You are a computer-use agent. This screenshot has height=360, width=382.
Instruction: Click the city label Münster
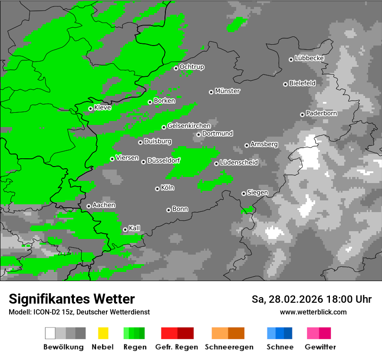[x=227, y=91]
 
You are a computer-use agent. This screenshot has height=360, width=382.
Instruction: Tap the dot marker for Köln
[x=157, y=189]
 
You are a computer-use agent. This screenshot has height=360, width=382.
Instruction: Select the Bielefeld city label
[x=302, y=83]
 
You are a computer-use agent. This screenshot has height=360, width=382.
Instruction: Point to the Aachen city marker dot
[x=89, y=206]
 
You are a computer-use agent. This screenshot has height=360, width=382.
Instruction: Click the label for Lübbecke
[x=309, y=58]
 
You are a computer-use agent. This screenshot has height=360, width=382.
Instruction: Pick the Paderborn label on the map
[x=321, y=113]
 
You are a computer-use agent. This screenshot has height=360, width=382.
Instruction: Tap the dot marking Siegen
[x=244, y=193]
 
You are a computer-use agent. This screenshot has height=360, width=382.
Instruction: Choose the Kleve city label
[x=102, y=108]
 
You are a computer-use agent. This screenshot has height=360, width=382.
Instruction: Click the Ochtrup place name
[x=191, y=67]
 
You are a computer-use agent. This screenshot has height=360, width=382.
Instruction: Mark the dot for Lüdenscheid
[x=216, y=164]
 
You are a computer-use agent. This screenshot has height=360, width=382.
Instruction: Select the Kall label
[x=135, y=228]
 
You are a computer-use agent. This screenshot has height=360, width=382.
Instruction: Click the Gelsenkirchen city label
[x=189, y=126]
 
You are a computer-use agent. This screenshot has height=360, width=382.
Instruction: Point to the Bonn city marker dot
[x=168, y=210]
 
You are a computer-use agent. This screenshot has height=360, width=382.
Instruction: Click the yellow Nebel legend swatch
[x=103, y=333]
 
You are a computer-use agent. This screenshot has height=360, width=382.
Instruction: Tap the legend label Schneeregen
[x=228, y=347]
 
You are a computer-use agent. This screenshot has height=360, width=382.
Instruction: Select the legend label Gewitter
[x=320, y=347]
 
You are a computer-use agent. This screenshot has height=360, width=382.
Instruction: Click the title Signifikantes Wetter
[x=72, y=299]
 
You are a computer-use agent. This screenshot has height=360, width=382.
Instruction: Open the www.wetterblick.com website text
[x=313, y=312]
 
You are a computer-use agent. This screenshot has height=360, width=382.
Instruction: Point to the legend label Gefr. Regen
[x=177, y=347]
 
